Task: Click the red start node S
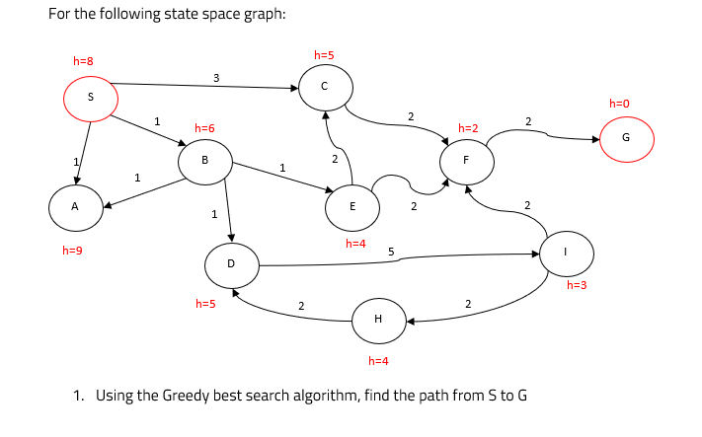(x=91, y=97)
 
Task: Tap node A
(x=76, y=207)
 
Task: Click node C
(x=324, y=88)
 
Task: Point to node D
(x=231, y=264)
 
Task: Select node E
(x=352, y=206)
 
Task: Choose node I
(x=566, y=252)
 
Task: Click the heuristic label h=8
(x=84, y=61)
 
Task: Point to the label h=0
(x=619, y=103)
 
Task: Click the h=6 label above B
(x=204, y=128)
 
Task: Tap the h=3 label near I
(x=578, y=285)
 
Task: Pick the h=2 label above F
(x=468, y=128)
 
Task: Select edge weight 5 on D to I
(x=391, y=253)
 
